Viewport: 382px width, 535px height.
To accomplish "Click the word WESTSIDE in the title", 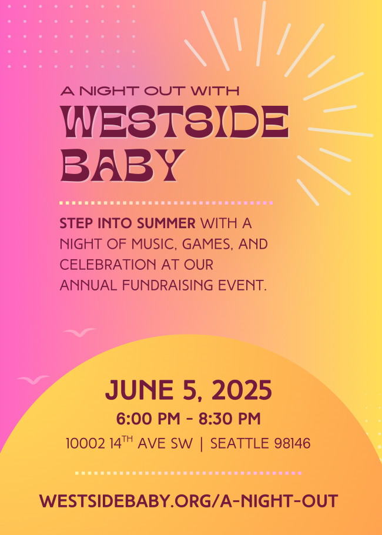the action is click(x=175, y=122).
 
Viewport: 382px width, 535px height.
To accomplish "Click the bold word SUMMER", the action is click(x=166, y=223).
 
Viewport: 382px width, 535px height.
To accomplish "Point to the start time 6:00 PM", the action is click(x=148, y=419).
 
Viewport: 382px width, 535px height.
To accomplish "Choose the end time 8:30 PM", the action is click(x=230, y=419).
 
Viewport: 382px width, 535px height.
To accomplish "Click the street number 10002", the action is click(x=86, y=443).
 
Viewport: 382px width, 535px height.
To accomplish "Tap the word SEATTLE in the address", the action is click(x=240, y=443).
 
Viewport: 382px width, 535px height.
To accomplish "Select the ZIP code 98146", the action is click(x=292, y=443).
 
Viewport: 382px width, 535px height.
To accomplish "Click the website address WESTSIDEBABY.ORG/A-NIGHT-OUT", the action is click(x=189, y=501).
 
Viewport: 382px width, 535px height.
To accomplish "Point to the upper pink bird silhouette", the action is click(x=79, y=332).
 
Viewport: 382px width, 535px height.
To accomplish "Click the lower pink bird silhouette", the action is click(x=33, y=379).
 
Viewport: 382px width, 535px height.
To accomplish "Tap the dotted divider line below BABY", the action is click(x=166, y=203).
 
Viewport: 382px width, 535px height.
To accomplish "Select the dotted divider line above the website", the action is click(x=188, y=473).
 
